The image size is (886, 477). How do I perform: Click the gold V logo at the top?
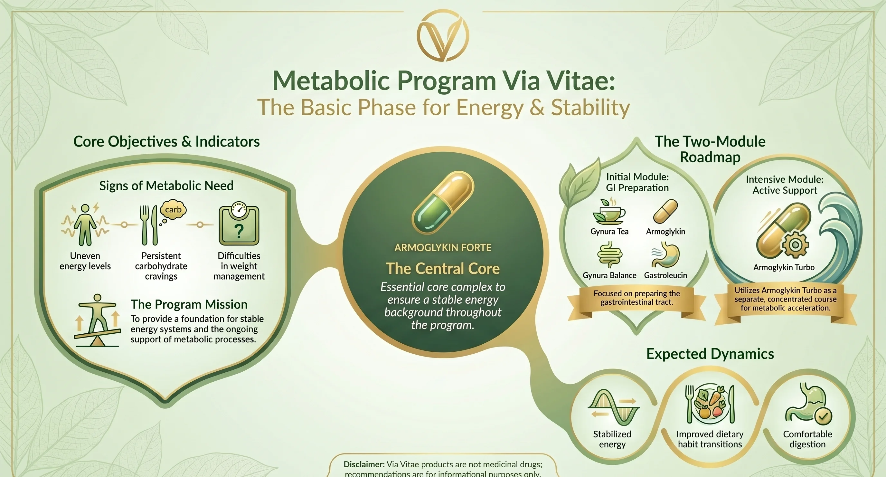[x=443, y=36]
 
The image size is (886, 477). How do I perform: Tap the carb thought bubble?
[x=173, y=210]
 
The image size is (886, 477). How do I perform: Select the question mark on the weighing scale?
[x=239, y=230]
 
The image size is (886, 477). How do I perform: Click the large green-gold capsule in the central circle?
[x=443, y=203]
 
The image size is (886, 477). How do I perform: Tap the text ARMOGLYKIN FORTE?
[x=443, y=247]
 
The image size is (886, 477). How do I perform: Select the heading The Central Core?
[x=443, y=268]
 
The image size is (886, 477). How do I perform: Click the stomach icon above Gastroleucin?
[x=665, y=255]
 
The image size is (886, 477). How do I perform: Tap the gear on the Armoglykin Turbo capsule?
[x=795, y=245]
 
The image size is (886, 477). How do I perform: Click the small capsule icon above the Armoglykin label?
[x=665, y=212]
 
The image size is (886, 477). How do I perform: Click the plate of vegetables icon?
[x=710, y=404]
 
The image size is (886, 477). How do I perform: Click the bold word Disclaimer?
[x=364, y=464]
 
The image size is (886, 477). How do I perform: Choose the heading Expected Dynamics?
[x=710, y=354]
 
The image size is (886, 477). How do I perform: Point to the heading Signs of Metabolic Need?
[x=166, y=186]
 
